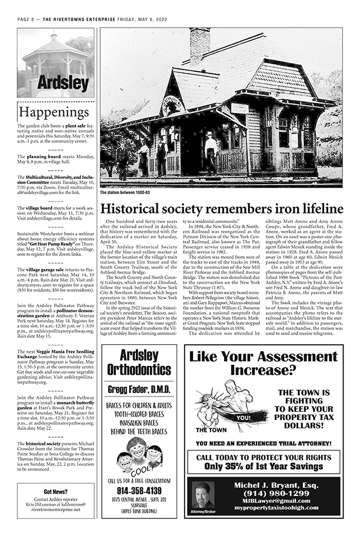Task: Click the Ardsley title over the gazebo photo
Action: (55, 81)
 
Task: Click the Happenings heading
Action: (54, 112)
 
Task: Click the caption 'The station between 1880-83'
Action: (125, 192)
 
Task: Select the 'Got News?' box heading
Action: (55, 492)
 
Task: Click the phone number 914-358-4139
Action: (139, 490)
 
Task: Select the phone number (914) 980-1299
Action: (272, 492)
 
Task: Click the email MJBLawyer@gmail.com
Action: (272, 500)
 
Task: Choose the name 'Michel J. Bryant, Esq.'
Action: (272, 484)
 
